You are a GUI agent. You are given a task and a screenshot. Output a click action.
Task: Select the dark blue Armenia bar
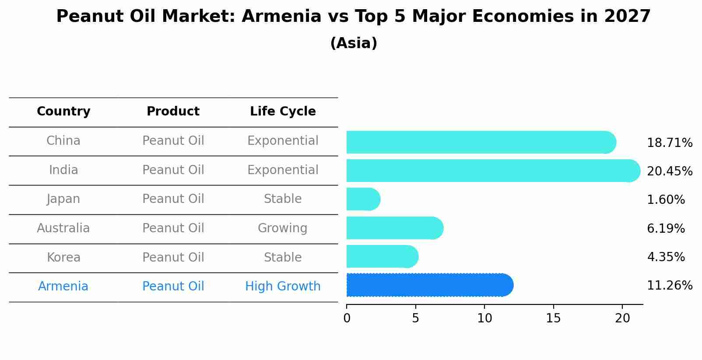tap(429, 285)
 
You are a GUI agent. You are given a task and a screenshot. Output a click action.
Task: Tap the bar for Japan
tap(363, 199)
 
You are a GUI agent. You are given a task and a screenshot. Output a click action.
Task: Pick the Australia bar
tap(394, 228)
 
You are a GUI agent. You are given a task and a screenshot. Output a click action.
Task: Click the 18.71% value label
tap(669, 143)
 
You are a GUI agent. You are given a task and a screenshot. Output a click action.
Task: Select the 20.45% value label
tap(669, 171)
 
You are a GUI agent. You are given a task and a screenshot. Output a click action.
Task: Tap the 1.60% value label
tap(665, 200)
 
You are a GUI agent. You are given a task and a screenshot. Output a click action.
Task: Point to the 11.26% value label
tap(669, 286)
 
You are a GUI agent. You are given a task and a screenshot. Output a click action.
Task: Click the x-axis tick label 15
tap(553, 318)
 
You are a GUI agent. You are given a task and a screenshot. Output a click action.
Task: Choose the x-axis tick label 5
tap(415, 318)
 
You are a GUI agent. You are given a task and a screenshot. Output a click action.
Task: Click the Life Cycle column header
tap(283, 112)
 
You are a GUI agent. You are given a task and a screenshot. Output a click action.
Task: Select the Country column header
tap(63, 112)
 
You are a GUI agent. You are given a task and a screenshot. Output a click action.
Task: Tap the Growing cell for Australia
tap(282, 228)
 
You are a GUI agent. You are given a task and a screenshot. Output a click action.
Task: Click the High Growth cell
tap(283, 287)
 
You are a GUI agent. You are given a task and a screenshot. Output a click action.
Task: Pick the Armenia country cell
tap(63, 287)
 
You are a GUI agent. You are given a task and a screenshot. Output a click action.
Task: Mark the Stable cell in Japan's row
tap(282, 199)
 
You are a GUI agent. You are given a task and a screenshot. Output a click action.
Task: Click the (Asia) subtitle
tap(354, 43)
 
